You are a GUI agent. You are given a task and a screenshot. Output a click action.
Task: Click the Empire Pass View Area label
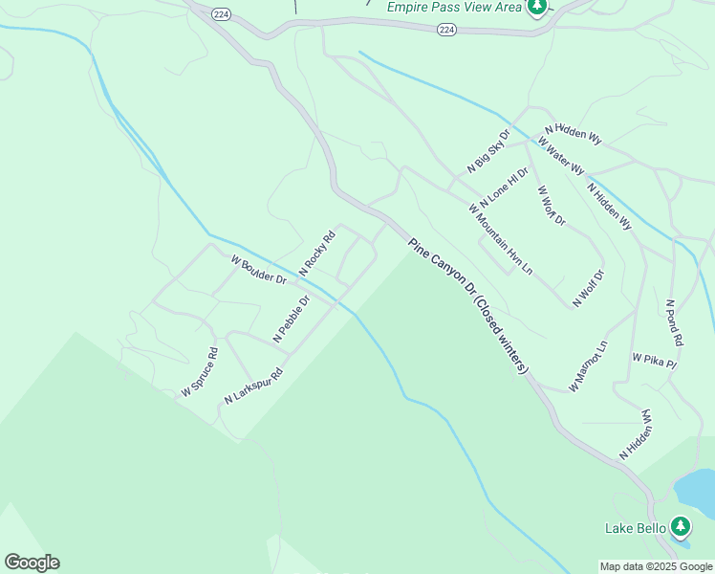[x=455, y=7]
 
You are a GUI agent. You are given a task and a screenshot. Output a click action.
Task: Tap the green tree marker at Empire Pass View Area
[x=537, y=8]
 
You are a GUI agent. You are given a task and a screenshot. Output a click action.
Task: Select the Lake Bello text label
[x=634, y=528]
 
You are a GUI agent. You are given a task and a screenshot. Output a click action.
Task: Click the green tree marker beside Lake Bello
[x=681, y=526]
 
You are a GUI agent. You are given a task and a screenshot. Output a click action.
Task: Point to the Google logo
[x=32, y=563]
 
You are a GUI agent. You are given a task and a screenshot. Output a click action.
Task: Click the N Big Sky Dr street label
[x=488, y=151]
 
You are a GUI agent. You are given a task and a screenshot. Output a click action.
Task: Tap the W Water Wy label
[x=561, y=155]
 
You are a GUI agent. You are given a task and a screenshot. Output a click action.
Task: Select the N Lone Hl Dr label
[x=504, y=188]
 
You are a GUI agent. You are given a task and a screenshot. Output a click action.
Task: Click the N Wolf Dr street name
[x=590, y=289]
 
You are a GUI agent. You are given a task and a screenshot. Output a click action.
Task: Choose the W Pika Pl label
[x=654, y=361]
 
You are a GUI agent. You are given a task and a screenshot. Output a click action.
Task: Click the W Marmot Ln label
[x=588, y=365]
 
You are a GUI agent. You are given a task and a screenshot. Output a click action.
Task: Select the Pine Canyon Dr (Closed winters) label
[x=468, y=306]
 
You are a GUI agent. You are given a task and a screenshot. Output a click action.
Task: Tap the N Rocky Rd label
[x=317, y=254]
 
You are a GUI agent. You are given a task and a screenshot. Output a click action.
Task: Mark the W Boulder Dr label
[x=258, y=269]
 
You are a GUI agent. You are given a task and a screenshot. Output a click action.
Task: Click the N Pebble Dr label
[x=292, y=319]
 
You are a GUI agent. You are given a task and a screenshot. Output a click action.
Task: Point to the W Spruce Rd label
[x=200, y=372]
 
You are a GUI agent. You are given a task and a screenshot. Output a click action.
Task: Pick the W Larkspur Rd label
[x=254, y=386]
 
